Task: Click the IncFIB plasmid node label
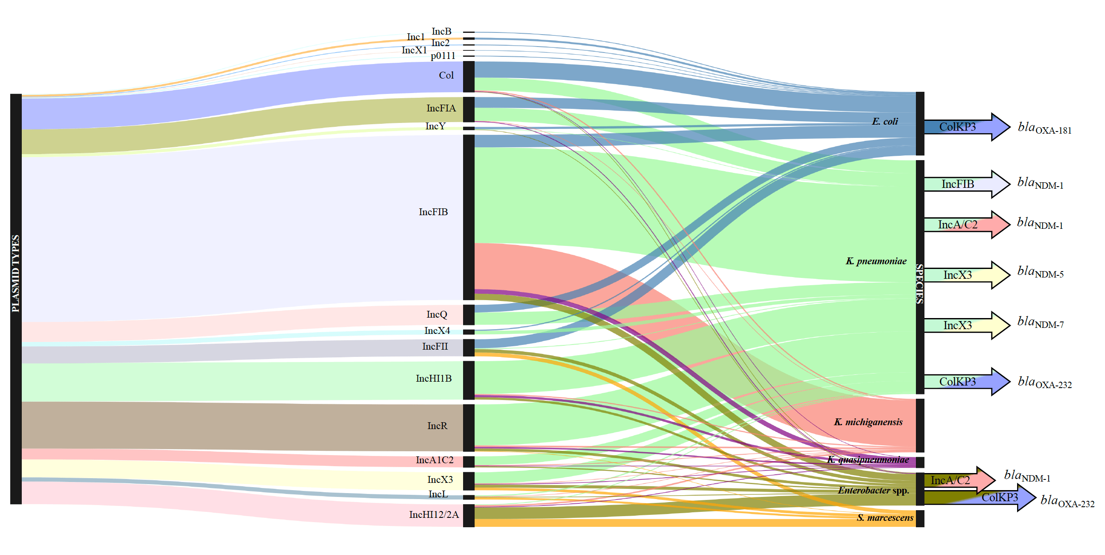(x=433, y=212)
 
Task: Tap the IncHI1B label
(x=433, y=379)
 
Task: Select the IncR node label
(x=437, y=426)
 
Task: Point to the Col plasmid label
(x=446, y=76)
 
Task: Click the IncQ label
(x=436, y=315)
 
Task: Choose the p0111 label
(x=443, y=56)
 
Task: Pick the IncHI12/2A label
(x=433, y=514)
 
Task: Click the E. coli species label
(x=884, y=122)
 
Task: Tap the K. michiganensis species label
(x=868, y=422)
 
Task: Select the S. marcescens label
(x=884, y=518)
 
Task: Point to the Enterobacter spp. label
(x=873, y=491)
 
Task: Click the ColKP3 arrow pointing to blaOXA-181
(x=965, y=127)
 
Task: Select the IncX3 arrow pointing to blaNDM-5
(x=965, y=275)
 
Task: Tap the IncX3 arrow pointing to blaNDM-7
(x=965, y=326)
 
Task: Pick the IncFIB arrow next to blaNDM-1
(x=965, y=184)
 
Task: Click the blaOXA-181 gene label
(x=1044, y=129)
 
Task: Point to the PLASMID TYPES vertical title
(x=15, y=273)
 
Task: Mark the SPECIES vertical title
(x=920, y=284)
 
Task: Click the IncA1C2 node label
(x=434, y=460)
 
